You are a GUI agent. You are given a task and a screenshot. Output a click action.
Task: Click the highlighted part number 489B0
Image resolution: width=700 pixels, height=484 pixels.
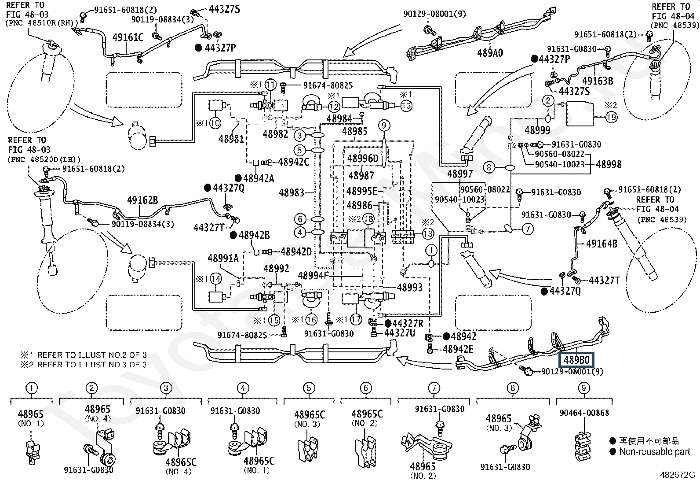coord(576,360)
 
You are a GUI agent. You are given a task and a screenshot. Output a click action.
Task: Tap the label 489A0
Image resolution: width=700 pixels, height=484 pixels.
coord(490,53)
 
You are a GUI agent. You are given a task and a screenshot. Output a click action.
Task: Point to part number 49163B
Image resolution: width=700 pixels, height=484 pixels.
coord(598,81)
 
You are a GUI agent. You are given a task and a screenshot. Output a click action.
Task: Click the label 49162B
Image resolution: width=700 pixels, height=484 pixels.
coord(142,200)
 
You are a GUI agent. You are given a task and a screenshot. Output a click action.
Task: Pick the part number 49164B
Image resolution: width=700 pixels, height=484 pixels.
coord(602,244)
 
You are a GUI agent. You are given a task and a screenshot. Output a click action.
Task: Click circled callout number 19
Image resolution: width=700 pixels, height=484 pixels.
coord(611,117)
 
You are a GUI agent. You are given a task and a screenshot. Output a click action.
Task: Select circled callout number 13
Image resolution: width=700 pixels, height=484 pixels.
coord(406,106)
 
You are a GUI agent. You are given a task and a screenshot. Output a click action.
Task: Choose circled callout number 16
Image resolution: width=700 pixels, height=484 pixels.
coord(311,320)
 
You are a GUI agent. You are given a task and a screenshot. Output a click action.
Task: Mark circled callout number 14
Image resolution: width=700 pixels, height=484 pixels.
coord(215,278)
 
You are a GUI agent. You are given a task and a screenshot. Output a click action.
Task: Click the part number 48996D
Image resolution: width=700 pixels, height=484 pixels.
coord(363,158)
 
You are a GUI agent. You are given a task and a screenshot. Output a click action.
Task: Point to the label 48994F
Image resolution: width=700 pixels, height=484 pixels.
coord(313,276)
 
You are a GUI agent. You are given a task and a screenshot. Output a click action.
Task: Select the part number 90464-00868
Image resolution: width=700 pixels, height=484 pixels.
coord(584,413)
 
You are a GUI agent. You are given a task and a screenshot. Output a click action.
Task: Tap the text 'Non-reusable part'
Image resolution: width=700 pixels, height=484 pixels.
coord(654,451)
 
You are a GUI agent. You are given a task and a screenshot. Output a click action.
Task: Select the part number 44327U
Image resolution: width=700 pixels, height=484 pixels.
coord(399,333)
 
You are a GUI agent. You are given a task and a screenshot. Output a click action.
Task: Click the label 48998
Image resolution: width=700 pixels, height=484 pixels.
coord(609,164)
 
